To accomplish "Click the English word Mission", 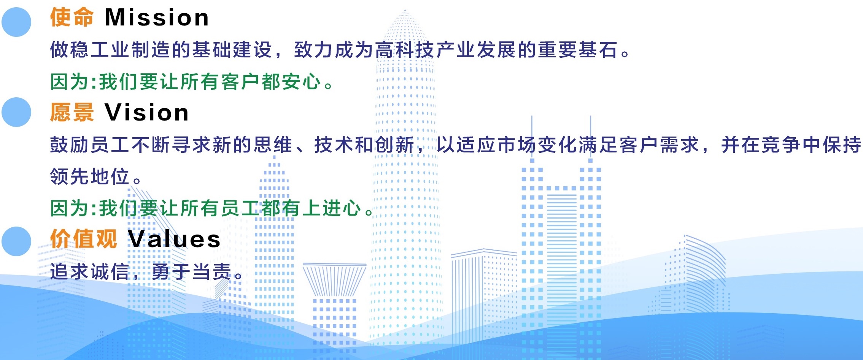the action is click(157, 17).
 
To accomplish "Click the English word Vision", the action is click(146, 113).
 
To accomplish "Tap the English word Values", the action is click(174, 239).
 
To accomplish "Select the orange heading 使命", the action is click(72, 17).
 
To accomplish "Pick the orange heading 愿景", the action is click(72, 113).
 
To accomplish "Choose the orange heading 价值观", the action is click(83, 239).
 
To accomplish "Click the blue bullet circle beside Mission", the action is click(16, 22).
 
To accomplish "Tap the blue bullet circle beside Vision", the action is click(16, 112).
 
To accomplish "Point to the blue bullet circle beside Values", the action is click(16, 241).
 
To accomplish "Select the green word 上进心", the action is click(331, 208).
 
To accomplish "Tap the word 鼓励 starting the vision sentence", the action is click(70, 145).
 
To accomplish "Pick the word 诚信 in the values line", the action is click(110, 272).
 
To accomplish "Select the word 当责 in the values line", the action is click(212, 272).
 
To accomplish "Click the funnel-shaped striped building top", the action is click(334, 280).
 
